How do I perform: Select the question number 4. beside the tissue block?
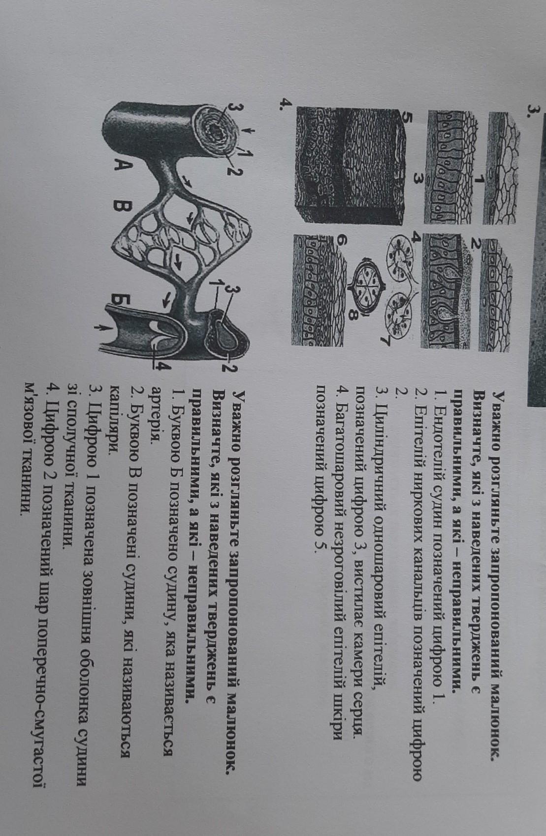tap(287, 104)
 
